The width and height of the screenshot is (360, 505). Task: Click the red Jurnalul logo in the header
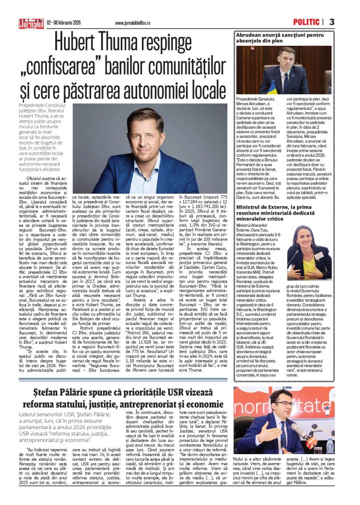click(31, 23)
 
